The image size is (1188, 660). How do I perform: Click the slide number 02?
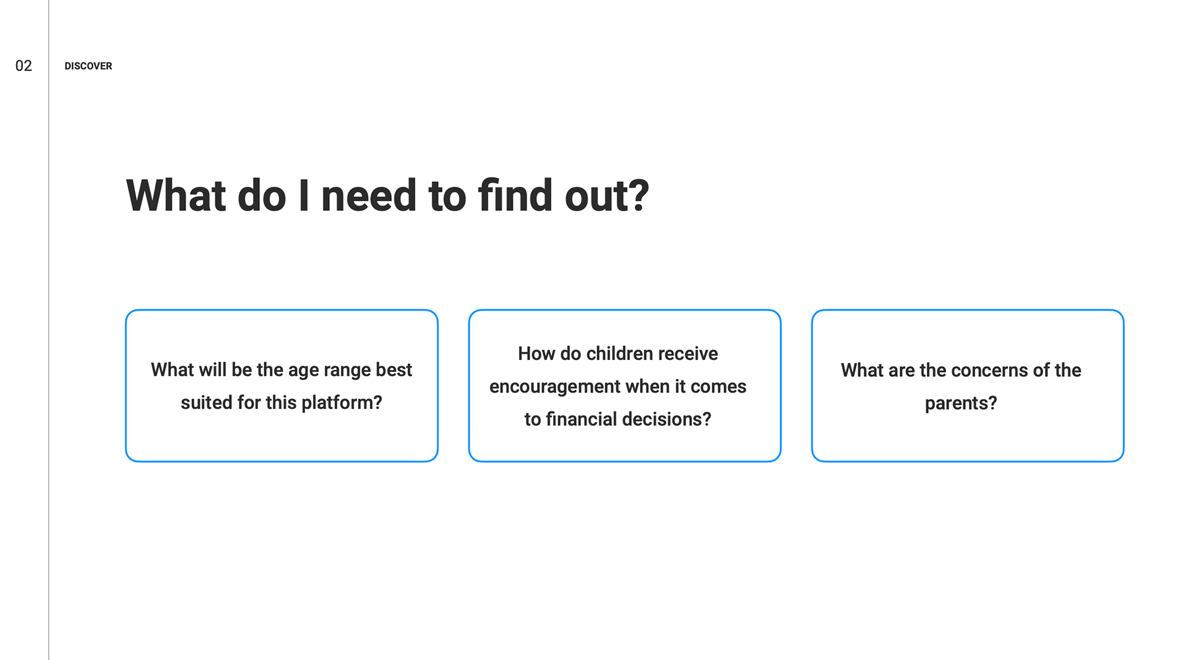point(24,66)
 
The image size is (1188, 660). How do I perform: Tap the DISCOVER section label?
point(88,66)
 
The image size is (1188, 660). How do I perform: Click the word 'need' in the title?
point(369,196)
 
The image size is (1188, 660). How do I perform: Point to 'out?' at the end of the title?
point(607,196)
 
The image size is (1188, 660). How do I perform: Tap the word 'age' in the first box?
point(303,371)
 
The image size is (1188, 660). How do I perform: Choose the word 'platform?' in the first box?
point(342,403)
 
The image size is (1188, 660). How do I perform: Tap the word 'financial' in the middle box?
point(581,419)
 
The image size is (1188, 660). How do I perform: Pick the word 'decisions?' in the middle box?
point(666,419)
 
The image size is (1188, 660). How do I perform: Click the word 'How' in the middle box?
point(536,353)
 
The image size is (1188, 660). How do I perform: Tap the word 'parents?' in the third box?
point(961,403)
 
